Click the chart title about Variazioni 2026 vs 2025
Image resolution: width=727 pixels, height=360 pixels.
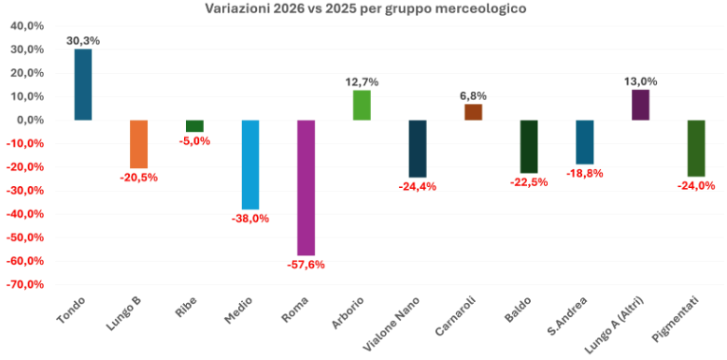tap(364, 8)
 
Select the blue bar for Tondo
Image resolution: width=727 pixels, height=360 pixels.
tap(83, 84)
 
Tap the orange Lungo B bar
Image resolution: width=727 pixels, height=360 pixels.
tap(139, 144)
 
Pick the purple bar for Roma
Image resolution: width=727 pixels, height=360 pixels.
tap(306, 187)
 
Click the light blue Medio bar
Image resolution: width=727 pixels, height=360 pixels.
tap(250, 165)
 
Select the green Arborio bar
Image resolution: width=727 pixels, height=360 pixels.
tap(362, 105)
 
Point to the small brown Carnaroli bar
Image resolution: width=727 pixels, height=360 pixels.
tap(473, 112)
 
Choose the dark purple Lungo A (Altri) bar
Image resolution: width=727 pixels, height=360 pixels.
tap(640, 105)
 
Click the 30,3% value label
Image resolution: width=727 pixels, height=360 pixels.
tap(83, 40)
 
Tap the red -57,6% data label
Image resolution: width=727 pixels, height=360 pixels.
tap(306, 265)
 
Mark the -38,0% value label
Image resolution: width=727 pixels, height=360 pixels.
tap(250, 218)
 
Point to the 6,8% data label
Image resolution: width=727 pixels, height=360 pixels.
tap(473, 95)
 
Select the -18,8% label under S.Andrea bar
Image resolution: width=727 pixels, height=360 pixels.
tap(584, 173)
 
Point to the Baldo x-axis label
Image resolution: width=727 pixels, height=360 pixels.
tap(520, 310)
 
